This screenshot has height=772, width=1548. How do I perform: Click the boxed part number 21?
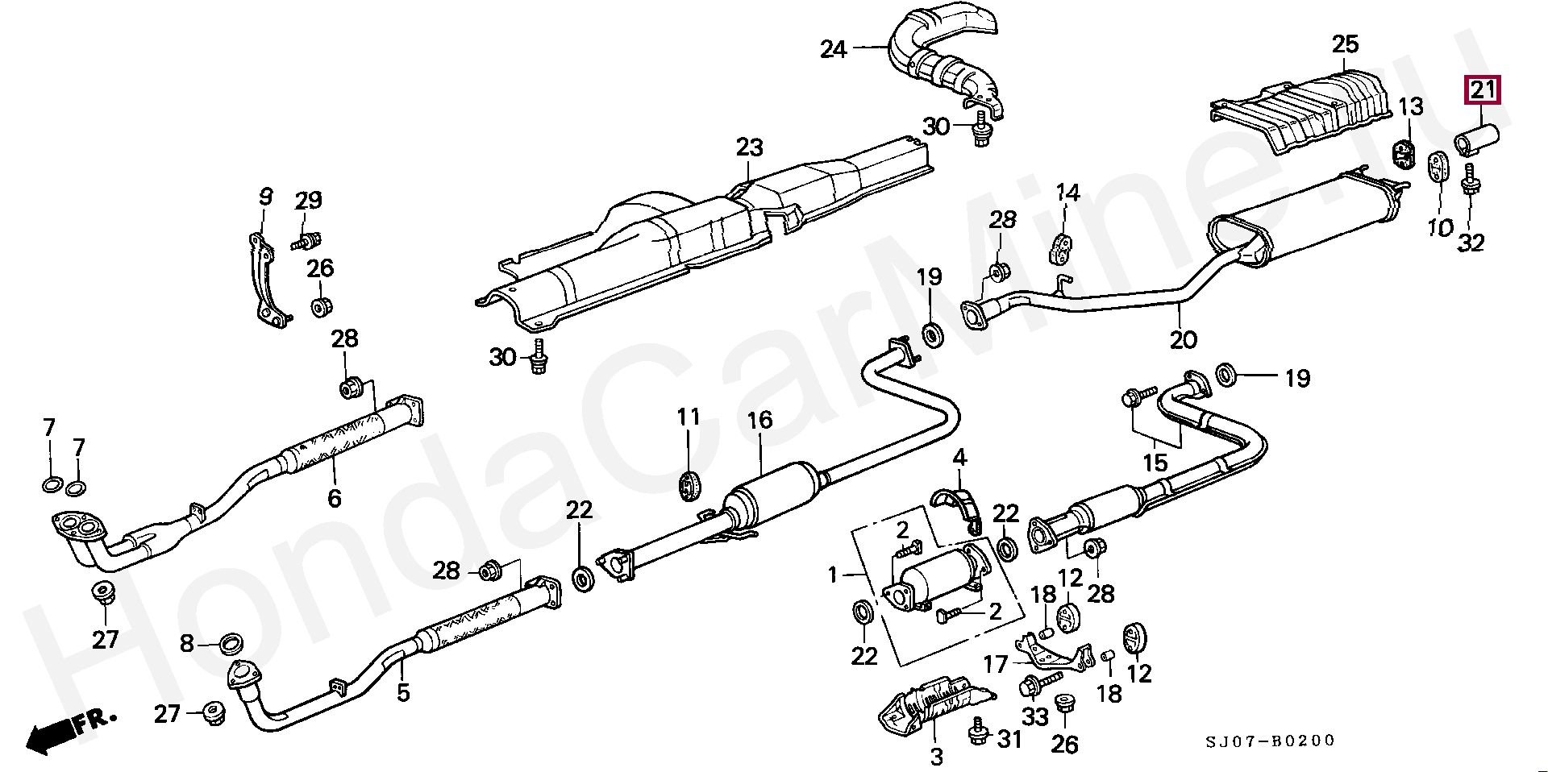1483,90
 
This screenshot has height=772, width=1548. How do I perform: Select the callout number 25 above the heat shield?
1345,45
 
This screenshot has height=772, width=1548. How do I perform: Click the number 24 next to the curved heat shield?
834,50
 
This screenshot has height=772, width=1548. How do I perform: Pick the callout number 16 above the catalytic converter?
759,420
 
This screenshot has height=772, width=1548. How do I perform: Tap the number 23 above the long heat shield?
749,148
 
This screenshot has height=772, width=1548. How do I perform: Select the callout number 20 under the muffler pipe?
1183,339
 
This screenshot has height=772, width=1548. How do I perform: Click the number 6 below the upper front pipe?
335,498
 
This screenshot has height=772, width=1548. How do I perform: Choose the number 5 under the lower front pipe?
403,691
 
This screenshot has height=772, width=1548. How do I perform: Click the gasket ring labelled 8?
233,643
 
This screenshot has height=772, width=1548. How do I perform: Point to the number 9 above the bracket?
266,197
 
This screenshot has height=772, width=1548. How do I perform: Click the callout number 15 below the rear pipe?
1155,463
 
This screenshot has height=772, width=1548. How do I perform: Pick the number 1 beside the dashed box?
834,575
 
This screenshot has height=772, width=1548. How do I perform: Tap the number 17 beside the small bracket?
996,664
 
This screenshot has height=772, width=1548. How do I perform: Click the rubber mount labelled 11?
688,484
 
